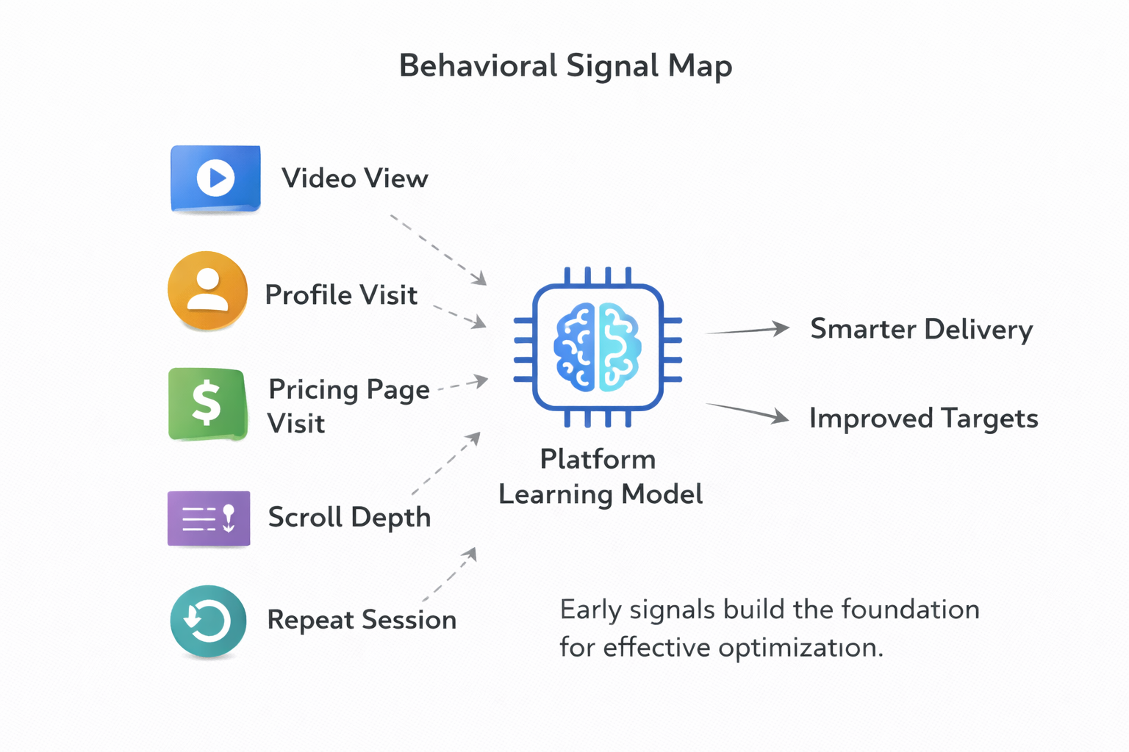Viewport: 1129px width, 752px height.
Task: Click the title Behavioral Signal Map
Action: click(564, 66)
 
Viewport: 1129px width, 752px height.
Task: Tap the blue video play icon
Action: click(215, 178)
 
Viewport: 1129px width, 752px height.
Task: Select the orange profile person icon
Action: click(208, 291)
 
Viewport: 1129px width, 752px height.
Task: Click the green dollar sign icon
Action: click(207, 404)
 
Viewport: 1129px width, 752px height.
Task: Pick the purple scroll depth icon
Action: click(209, 518)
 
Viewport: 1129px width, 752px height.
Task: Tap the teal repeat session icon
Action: click(208, 621)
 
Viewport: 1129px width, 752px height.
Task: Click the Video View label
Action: click(354, 178)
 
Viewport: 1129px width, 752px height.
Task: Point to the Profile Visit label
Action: click(341, 295)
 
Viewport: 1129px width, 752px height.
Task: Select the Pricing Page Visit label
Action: click(348, 405)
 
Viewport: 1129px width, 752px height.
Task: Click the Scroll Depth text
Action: click(349, 518)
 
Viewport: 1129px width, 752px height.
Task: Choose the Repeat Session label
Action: click(362, 620)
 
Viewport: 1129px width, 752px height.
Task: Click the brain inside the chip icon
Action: click(598, 347)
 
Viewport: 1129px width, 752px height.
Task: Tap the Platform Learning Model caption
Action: click(600, 477)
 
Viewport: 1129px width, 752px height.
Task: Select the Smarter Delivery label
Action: click(921, 330)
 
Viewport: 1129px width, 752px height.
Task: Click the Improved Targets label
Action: click(923, 419)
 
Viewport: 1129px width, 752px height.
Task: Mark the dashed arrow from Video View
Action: click(438, 249)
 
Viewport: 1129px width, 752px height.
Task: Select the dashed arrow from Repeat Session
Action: click(450, 575)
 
